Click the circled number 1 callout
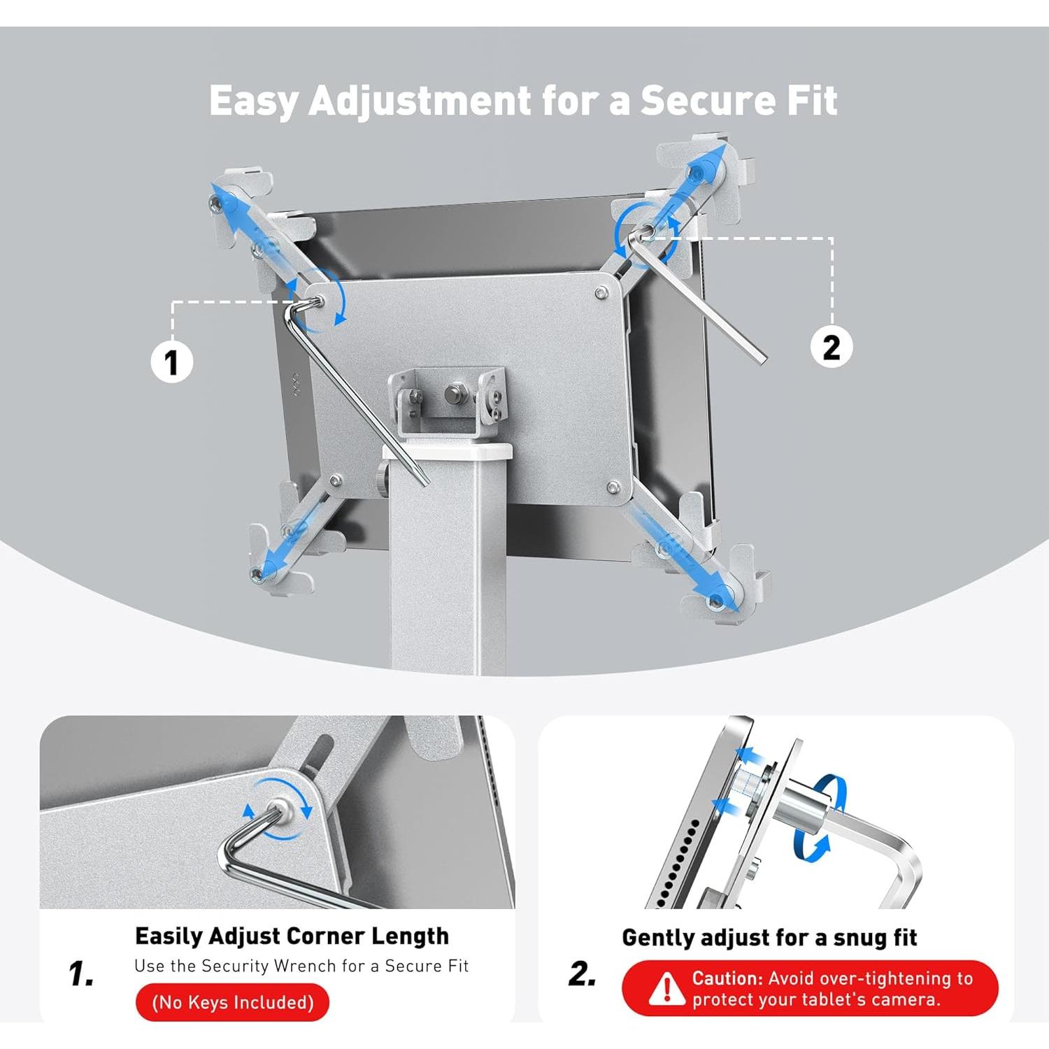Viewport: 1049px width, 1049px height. coord(172,362)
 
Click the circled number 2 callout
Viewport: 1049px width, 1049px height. coord(831,347)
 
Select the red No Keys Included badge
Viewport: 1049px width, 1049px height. coord(232,1002)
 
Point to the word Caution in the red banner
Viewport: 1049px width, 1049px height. coord(726,978)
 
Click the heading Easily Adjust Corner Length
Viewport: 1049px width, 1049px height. coord(292,936)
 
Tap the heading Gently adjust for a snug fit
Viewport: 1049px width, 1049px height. coord(769,937)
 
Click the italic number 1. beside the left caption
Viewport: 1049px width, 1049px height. coord(82,973)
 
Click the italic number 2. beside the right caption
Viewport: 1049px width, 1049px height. coord(583,973)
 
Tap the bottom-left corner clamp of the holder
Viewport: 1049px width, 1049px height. coord(276,559)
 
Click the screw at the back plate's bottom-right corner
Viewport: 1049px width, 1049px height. coord(613,487)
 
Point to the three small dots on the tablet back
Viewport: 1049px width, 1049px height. coord(296,385)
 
